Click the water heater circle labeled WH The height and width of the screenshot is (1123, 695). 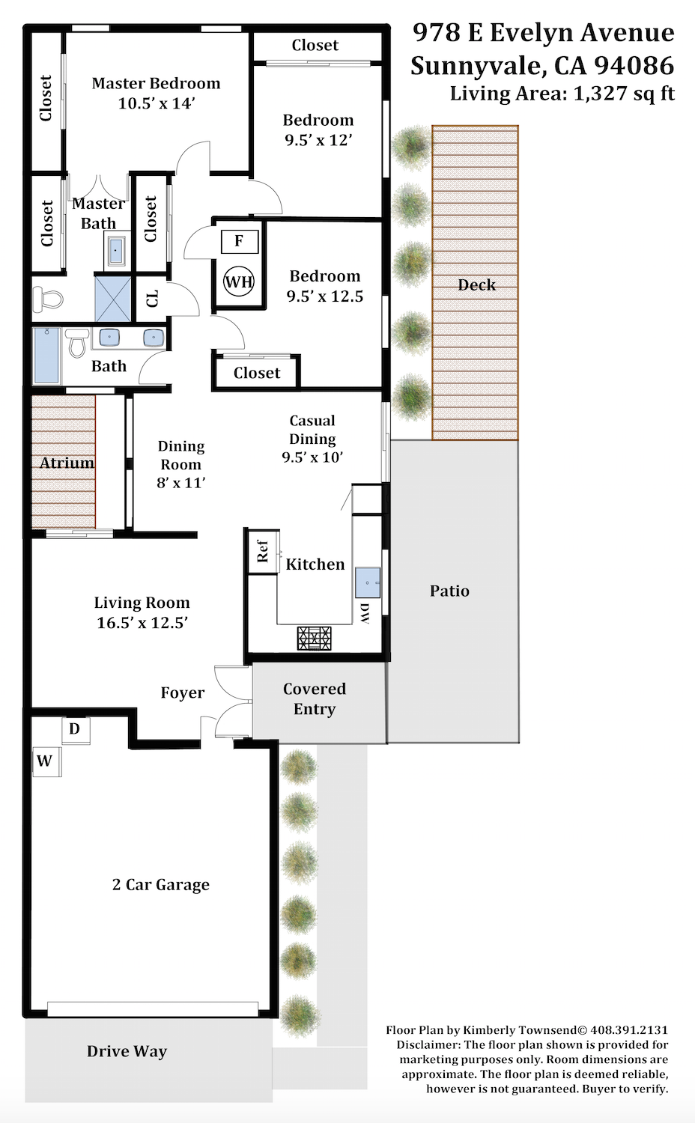[x=239, y=281]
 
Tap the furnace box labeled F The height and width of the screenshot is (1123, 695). [x=240, y=241]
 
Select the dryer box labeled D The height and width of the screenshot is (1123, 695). [x=76, y=730]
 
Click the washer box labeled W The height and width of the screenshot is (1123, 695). [x=46, y=761]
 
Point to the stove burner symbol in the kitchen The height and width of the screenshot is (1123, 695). [x=315, y=638]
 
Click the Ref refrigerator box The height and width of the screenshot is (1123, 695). [x=264, y=551]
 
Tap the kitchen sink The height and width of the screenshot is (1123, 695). [x=368, y=582]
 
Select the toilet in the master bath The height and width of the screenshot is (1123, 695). [x=48, y=299]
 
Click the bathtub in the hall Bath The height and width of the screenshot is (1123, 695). [x=46, y=354]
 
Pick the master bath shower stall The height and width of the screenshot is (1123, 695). [x=113, y=298]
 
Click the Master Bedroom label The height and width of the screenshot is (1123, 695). [x=156, y=83]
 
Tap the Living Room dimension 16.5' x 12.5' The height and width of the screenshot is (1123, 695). [x=142, y=623]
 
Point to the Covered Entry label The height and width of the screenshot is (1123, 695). [x=315, y=699]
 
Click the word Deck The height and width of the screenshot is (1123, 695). [x=476, y=284]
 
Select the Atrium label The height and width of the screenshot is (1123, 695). [x=67, y=462]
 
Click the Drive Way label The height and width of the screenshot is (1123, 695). [x=127, y=1051]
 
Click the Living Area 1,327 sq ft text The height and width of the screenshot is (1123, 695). [x=562, y=94]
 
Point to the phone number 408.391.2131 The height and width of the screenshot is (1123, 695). [x=629, y=1029]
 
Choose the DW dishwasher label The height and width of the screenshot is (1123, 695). [x=365, y=614]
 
